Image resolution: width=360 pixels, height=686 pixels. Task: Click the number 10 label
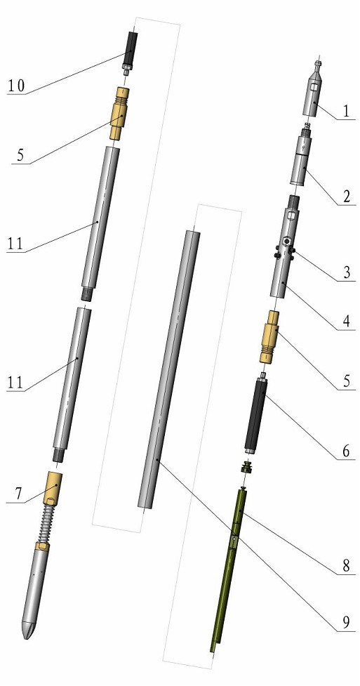click(x=16, y=86)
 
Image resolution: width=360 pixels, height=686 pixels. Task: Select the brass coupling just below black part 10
click(x=120, y=112)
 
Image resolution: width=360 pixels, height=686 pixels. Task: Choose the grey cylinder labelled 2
click(x=301, y=165)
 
